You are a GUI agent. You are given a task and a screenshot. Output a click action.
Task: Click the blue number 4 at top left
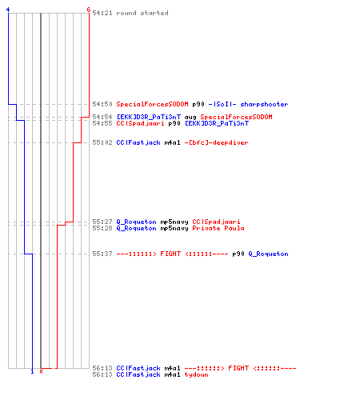[8, 10]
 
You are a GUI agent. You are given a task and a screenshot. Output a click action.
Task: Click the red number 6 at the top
[89, 10]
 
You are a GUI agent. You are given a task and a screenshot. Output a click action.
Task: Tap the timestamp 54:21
[102, 13]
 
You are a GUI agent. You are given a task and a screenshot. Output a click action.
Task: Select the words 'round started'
[142, 13]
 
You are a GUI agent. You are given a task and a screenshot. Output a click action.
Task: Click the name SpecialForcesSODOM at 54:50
[152, 104]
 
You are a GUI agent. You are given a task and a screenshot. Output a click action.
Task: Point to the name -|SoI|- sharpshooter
[248, 104]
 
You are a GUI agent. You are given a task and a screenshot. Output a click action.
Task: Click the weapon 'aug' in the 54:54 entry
[190, 117]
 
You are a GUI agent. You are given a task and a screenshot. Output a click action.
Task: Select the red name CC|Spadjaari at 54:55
[140, 123]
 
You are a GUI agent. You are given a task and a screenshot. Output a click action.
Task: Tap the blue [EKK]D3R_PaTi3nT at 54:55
[217, 123]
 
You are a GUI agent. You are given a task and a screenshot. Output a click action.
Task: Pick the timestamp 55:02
[102, 142]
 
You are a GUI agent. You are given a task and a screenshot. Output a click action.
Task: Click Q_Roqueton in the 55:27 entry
[136, 222]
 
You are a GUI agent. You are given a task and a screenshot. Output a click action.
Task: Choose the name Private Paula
[218, 228]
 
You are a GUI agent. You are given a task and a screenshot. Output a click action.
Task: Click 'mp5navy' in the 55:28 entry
[174, 229]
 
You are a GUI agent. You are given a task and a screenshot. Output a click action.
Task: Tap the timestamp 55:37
[102, 254]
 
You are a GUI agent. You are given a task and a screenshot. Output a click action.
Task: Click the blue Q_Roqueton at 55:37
[268, 254]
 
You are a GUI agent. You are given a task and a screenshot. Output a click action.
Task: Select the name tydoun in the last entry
[196, 374]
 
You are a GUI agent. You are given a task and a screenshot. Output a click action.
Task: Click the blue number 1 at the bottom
[32, 371]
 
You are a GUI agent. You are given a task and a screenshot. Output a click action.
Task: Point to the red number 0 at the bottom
[41, 371]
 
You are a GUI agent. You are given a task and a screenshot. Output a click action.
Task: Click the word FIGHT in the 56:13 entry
[238, 368]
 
